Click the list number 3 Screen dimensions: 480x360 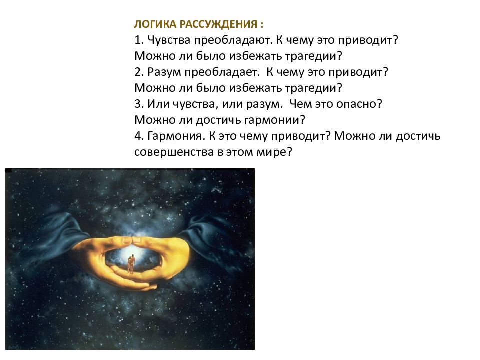[x=139, y=104]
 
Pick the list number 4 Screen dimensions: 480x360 [x=139, y=136]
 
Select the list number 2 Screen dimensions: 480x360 [x=139, y=72]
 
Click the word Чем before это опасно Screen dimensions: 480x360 [x=300, y=104]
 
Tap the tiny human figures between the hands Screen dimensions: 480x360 [x=131, y=264]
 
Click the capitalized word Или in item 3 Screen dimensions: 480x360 [x=158, y=104]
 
